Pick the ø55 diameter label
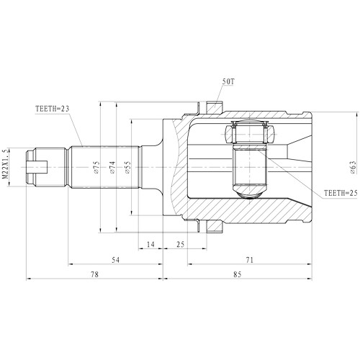(127, 168)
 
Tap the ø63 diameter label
(354, 167)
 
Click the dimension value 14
(150, 245)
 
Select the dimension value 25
(180, 245)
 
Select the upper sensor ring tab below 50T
(214, 106)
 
